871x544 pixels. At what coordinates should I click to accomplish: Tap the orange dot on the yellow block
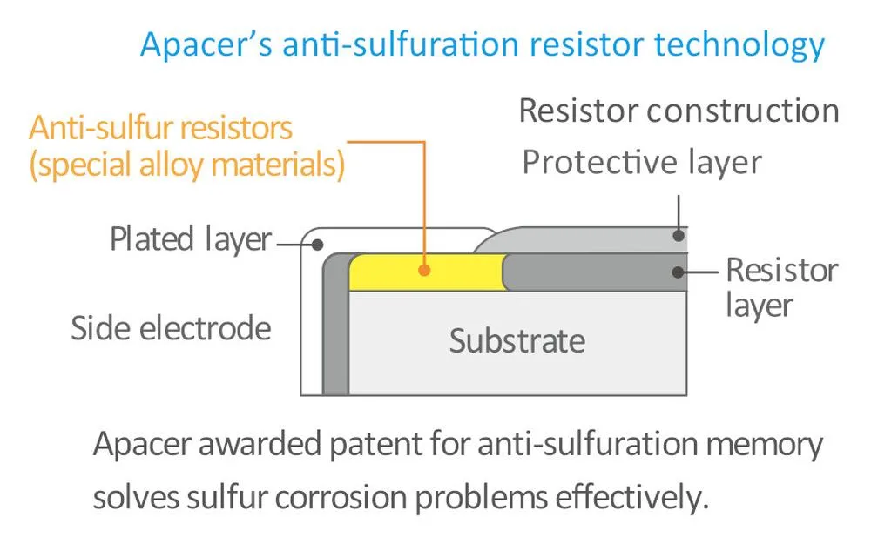pyautogui.click(x=424, y=271)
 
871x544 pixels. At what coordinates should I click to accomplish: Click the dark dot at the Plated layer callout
pyautogui.click(x=317, y=245)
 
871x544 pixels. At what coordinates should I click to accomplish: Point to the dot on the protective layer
pyautogui.click(x=679, y=235)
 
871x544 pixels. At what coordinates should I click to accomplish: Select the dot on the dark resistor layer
pyautogui.click(x=678, y=272)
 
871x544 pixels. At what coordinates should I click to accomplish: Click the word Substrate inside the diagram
pyautogui.click(x=517, y=340)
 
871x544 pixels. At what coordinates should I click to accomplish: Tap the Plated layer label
pyautogui.click(x=191, y=239)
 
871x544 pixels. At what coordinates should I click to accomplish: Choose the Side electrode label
pyautogui.click(x=171, y=327)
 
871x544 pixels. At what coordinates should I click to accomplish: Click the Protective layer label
pyautogui.click(x=642, y=162)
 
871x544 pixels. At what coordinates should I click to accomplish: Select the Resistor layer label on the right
pyautogui.click(x=782, y=287)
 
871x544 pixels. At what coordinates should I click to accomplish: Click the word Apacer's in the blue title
pyautogui.click(x=206, y=44)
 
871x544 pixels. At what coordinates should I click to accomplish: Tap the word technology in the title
pyautogui.click(x=739, y=45)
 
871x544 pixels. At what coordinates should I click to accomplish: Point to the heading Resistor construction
pyautogui.click(x=679, y=111)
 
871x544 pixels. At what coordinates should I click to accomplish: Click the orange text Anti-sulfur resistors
pyautogui.click(x=160, y=128)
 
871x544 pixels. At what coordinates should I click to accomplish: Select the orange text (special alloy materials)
pyautogui.click(x=187, y=165)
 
